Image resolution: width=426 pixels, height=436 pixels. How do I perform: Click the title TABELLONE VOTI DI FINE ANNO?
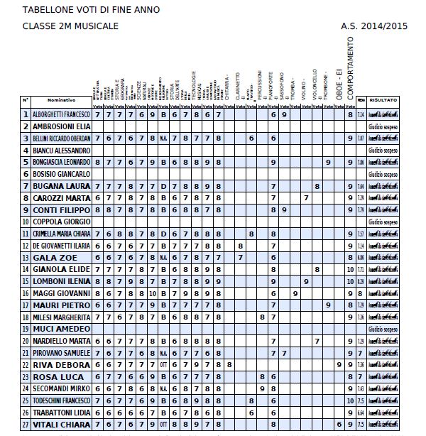(91, 10)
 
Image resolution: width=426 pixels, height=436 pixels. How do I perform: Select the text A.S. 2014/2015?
(374, 26)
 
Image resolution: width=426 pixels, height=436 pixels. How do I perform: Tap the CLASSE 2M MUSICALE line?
(70, 26)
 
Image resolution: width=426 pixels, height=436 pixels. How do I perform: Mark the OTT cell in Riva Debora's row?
(163, 364)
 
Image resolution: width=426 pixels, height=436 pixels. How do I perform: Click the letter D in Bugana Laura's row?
(163, 186)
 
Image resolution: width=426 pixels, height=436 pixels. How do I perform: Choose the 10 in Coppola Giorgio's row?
(350, 222)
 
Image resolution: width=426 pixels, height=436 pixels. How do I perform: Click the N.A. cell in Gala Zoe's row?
(163, 257)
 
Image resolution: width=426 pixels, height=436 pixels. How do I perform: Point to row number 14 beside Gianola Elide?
(26, 269)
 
